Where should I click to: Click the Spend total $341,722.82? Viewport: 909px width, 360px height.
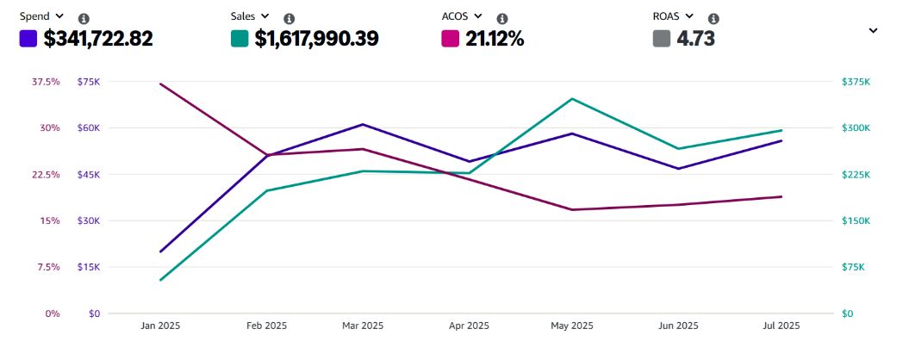pyautogui.click(x=97, y=39)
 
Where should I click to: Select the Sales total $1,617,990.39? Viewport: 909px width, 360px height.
pyautogui.click(x=316, y=39)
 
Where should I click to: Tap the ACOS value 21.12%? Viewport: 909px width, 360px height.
pyautogui.click(x=495, y=39)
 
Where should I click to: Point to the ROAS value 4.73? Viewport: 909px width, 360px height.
pyautogui.click(x=696, y=39)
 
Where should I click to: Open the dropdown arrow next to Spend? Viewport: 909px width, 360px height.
pyautogui.click(x=59, y=16)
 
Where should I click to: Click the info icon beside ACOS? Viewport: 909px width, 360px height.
pyautogui.click(x=502, y=18)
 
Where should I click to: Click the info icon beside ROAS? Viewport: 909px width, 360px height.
pyautogui.click(x=713, y=18)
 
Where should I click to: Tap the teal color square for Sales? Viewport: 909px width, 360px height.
pyautogui.click(x=240, y=39)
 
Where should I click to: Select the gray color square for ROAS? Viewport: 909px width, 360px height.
pyautogui.click(x=662, y=39)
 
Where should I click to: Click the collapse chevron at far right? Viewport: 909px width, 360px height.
pyautogui.click(x=873, y=30)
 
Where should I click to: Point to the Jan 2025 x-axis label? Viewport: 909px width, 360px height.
pyautogui.click(x=160, y=326)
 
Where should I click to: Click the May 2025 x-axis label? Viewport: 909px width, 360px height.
pyautogui.click(x=572, y=326)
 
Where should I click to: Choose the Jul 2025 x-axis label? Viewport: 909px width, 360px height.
pyautogui.click(x=781, y=326)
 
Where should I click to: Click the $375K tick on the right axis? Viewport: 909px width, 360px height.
pyautogui.click(x=856, y=82)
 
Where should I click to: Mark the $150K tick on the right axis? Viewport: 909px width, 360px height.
pyautogui.click(x=856, y=220)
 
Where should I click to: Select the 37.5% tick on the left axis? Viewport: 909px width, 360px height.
pyautogui.click(x=46, y=82)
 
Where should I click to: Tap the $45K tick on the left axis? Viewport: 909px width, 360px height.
pyautogui.click(x=89, y=175)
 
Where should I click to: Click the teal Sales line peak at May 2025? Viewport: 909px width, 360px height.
pyautogui.click(x=572, y=99)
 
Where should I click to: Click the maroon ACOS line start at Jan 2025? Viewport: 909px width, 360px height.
pyautogui.click(x=161, y=84)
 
